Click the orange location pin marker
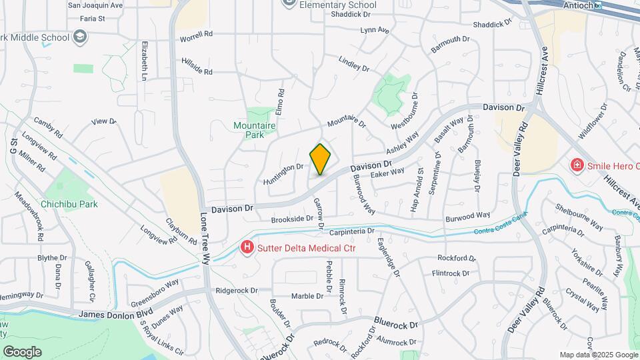tap(320, 159)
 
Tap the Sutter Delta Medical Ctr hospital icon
tap(247, 248)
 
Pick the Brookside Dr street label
tap(292, 219)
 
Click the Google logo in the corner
tap(22, 351)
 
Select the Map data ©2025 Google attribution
tap(597, 355)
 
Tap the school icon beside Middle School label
tap(80, 37)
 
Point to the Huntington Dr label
tap(283, 170)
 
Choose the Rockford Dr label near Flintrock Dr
tap(457, 258)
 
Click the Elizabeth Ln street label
tap(143, 62)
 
